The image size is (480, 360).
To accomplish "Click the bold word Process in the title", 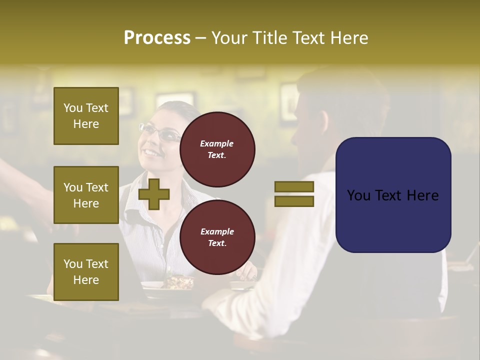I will [x=156, y=38].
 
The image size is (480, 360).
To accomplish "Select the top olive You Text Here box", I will [x=86, y=116].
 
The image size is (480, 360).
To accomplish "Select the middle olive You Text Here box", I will [x=86, y=195].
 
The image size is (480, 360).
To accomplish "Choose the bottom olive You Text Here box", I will [x=86, y=271].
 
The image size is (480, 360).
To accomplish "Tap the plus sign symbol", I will [x=154, y=194].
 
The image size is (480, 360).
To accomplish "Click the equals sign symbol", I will [x=294, y=194].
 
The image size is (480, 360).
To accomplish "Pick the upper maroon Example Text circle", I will [x=217, y=149].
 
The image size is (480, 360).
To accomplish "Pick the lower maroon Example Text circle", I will [x=217, y=237].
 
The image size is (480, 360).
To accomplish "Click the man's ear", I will [x=322, y=122].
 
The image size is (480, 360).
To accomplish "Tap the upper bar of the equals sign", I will [x=294, y=187].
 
